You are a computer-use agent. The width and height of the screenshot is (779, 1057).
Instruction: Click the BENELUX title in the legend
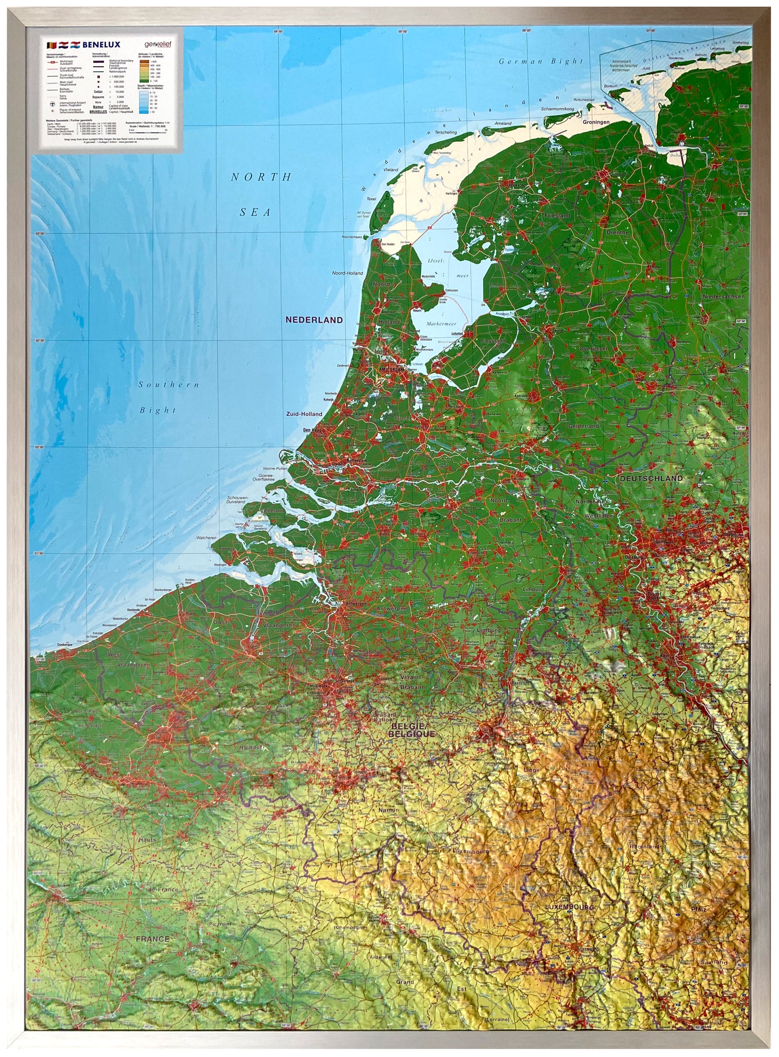click(x=102, y=45)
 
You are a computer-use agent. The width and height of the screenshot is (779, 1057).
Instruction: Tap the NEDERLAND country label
click(x=314, y=320)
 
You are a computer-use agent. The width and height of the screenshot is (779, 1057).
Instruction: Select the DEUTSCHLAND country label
click(x=651, y=478)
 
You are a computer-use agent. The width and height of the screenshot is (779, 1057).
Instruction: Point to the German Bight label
click(x=541, y=62)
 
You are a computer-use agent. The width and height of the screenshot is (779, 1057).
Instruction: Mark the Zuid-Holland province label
click(x=304, y=414)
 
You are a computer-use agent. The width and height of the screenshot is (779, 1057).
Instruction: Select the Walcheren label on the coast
click(x=207, y=538)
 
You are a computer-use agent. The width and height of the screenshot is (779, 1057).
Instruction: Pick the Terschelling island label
click(x=446, y=133)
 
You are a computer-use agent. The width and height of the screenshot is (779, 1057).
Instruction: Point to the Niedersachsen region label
click(x=723, y=296)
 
